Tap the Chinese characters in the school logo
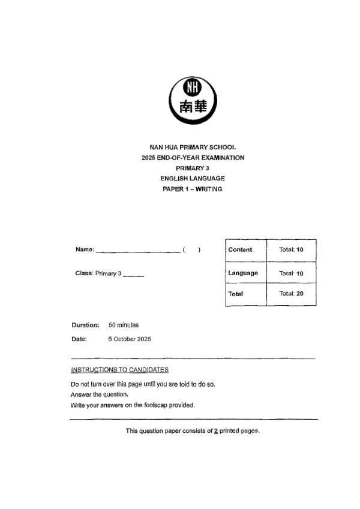pos(193,107)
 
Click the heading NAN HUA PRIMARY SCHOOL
pos(193,147)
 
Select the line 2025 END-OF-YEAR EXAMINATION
pos(193,158)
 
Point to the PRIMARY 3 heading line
pos(193,168)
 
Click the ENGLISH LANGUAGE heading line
pos(193,179)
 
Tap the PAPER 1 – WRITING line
pos(193,189)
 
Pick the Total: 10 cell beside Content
pos(292,249)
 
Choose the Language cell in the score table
pos(243,273)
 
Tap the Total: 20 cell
pos(292,294)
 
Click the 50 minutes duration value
pos(124,325)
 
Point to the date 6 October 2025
pos(130,339)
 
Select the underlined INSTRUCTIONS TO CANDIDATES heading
pos(119,369)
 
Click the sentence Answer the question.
pos(100,394)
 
